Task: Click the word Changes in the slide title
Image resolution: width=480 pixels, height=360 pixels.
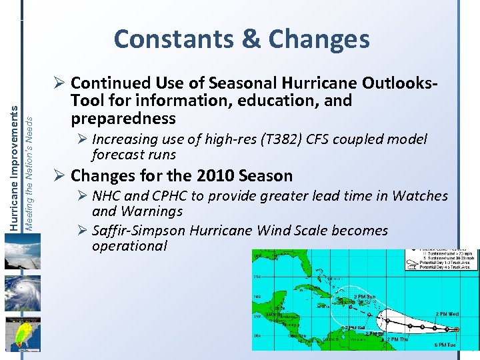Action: pyautogui.click(x=319, y=39)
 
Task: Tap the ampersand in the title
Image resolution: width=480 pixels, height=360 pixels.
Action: pyautogui.click(x=252, y=39)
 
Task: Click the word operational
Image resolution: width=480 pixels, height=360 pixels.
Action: pyautogui.click(x=129, y=246)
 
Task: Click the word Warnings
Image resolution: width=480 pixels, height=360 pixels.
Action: pyautogui.click(x=151, y=211)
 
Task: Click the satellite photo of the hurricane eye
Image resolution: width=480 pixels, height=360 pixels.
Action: pyautogui.click(x=22, y=294)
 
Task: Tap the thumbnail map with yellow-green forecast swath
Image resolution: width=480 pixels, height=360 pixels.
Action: pyautogui.click(x=22, y=333)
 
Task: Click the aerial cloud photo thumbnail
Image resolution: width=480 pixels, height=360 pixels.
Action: pyautogui.click(x=22, y=254)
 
